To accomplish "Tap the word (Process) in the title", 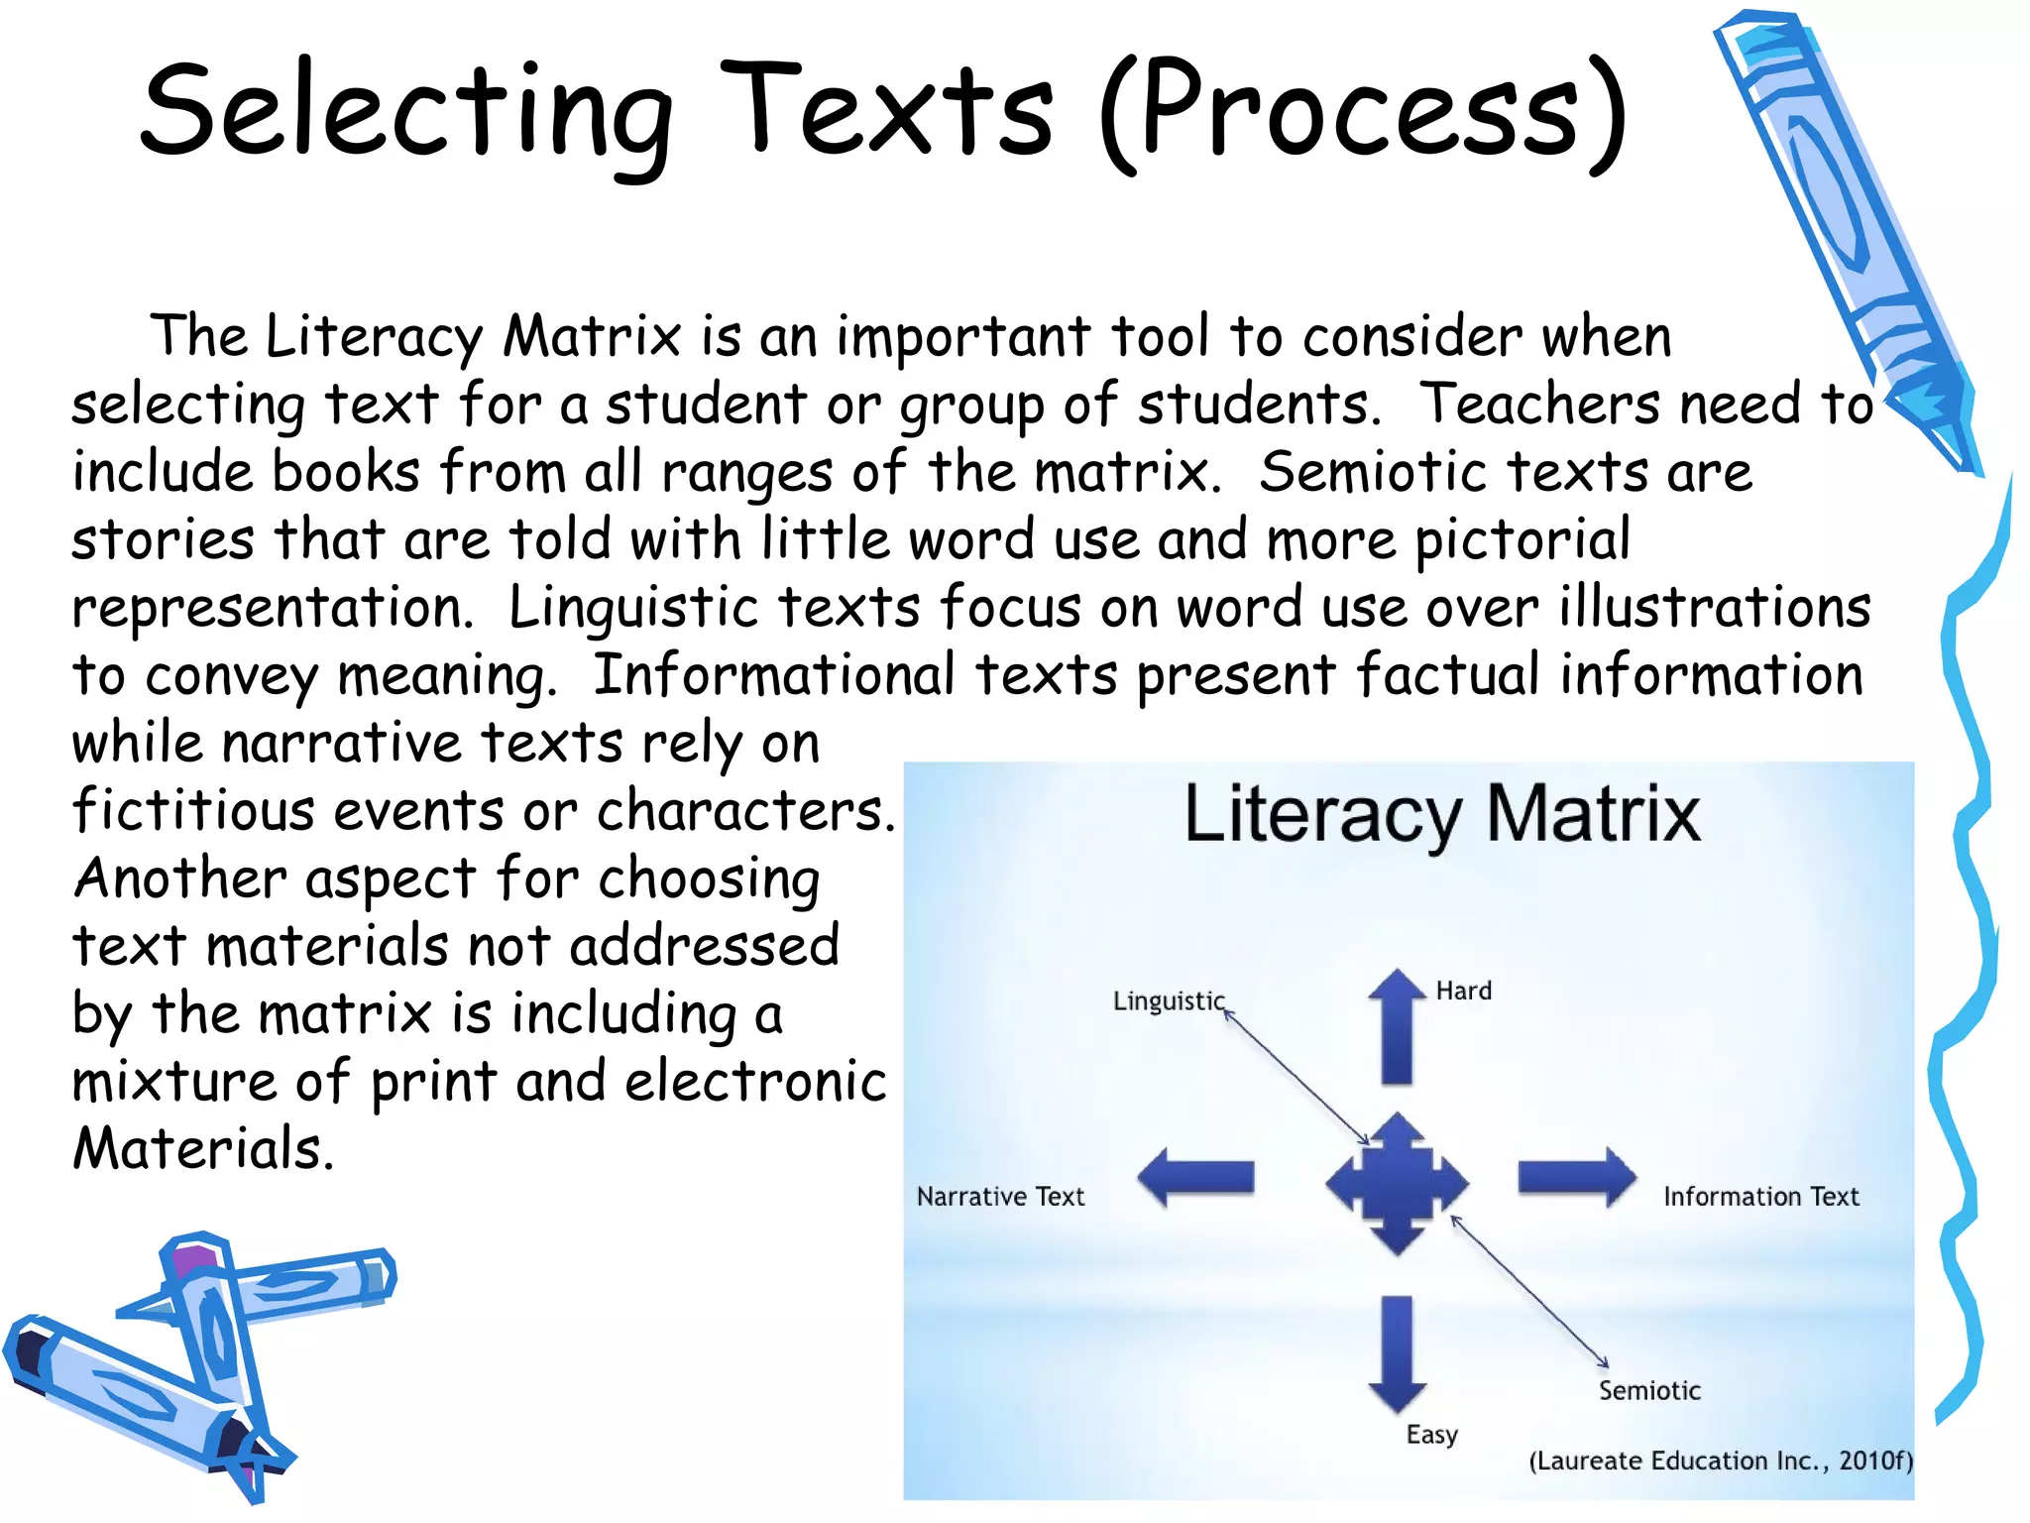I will (x=1362, y=111).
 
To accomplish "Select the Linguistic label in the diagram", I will (x=1169, y=1000).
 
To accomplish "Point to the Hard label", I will (x=1463, y=991).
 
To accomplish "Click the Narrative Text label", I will (x=1000, y=1197).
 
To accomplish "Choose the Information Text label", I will (x=1760, y=1197).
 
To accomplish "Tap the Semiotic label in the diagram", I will (x=1649, y=1390).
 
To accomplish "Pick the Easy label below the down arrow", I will (x=1431, y=1435).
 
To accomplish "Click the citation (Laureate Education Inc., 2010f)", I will (x=1720, y=1461).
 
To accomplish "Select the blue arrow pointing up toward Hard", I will (x=1397, y=1026).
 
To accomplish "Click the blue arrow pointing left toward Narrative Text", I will (x=1195, y=1177).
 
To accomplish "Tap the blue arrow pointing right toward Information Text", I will (x=1576, y=1177).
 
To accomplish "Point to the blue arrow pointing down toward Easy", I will (x=1397, y=1352).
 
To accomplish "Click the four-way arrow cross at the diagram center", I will (x=1397, y=1183).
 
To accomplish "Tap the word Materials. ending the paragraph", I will (x=203, y=1149).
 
